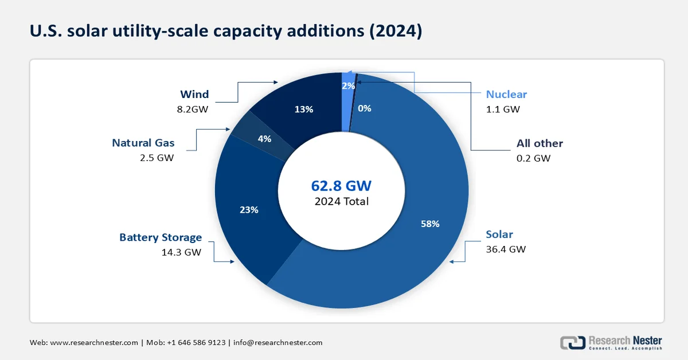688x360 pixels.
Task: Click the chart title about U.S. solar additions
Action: (226, 31)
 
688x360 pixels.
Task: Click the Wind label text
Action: (194, 94)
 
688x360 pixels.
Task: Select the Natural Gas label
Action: (143, 143)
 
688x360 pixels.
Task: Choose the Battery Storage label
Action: (161, 237)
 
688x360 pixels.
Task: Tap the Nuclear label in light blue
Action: (506, 94)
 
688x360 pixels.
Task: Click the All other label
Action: (540, 143)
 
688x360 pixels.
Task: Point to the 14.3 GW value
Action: (182, 252)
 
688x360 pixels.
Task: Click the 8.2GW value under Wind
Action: (192, 109)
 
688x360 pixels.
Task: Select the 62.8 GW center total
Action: (341, 186)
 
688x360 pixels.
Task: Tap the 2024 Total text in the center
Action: (341, 201)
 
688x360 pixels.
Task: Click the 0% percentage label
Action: (365, 108)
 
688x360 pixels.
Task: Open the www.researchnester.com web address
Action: (94, 343)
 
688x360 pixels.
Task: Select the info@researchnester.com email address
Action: (277, 343)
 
